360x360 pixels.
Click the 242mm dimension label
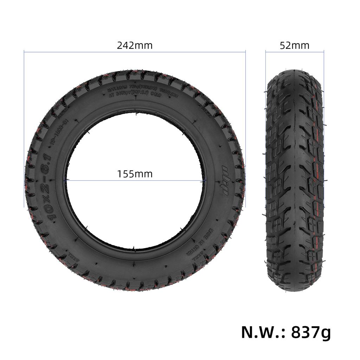(135, 45)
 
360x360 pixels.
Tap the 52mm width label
(295, 45)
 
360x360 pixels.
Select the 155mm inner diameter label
(135, 174)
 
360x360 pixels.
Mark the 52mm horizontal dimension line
(295, 52)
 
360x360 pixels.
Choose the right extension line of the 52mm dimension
(324, 63)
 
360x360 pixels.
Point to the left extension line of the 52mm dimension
(265, 63)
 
